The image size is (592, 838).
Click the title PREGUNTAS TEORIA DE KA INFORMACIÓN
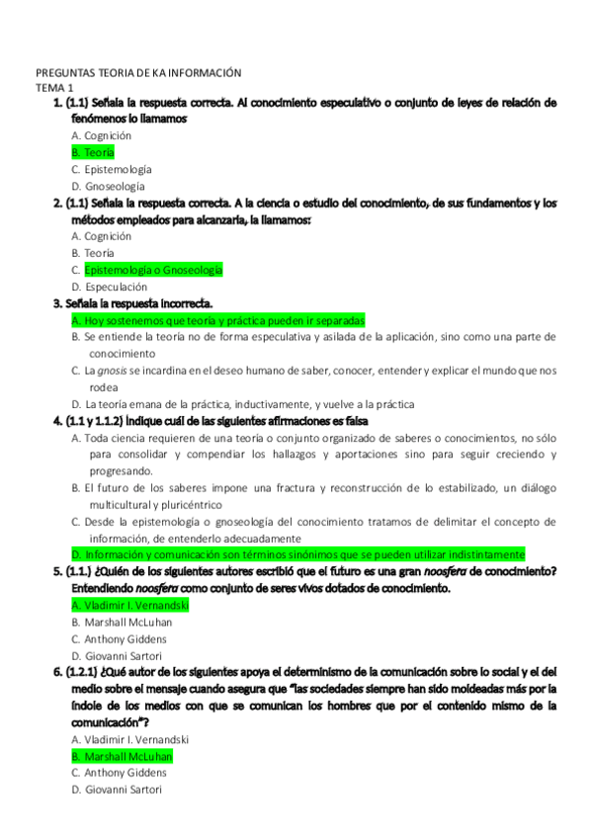point(138,73)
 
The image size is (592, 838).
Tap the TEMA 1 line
point(55,88)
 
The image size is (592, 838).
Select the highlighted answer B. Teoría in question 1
point(93,152)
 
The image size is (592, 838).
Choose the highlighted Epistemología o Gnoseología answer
point(153,270)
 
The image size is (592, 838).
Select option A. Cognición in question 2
point(102,236)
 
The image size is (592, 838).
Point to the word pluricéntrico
point(185,505)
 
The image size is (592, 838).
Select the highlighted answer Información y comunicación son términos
point(297,555)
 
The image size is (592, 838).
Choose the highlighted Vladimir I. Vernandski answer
point(129,605)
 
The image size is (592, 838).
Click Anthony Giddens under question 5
point(112,638)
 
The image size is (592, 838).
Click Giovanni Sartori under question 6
point(112,790)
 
